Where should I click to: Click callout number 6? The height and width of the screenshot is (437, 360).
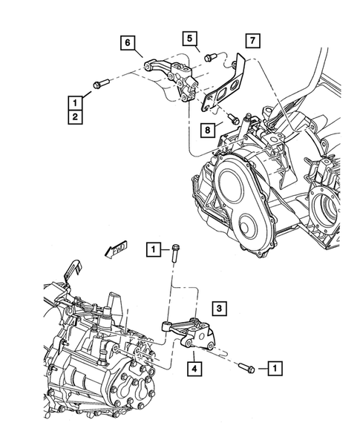click(127, 44)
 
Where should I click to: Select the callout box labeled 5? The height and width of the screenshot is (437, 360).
click(190, 37)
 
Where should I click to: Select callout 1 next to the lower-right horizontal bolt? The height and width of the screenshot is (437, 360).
click(275, 367)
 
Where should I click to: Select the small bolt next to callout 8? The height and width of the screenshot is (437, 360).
click(233, 116)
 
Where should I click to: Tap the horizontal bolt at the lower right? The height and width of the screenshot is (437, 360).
click(247, 367)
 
